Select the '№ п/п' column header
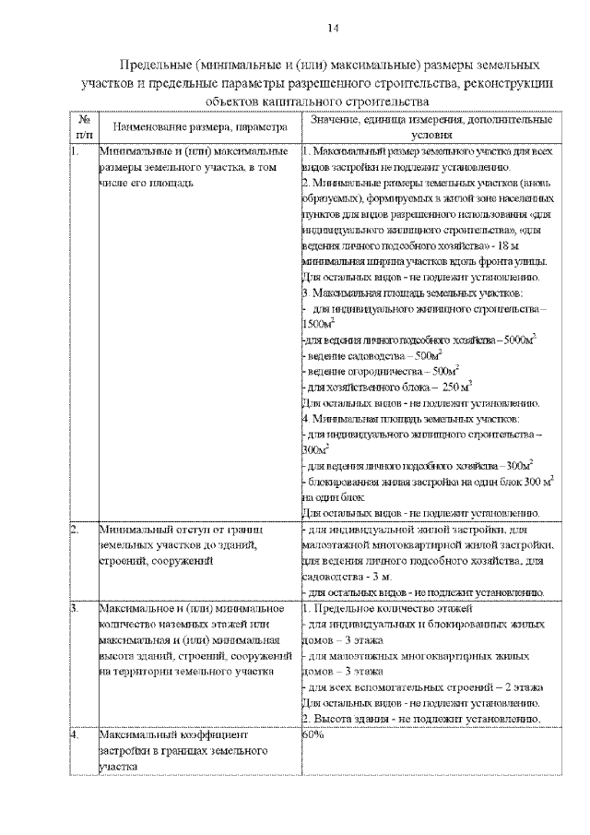click(x=84, y=126)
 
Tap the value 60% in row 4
click(x=312, y=736)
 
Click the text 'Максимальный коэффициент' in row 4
click(x=171, y=736)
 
